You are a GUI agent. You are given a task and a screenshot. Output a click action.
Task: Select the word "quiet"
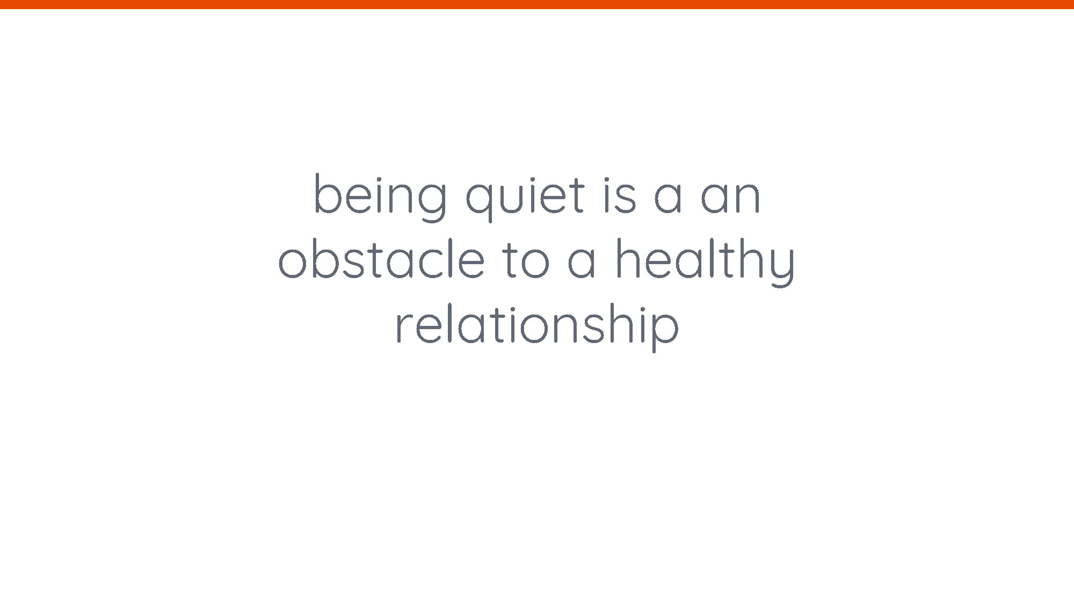tap(525, 198)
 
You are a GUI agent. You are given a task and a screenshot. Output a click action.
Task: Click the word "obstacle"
tap(382, 259)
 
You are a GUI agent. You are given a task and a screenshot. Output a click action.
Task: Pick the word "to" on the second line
tap(526, 260)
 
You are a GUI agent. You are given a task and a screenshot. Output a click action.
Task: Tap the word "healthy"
tap(705, 262)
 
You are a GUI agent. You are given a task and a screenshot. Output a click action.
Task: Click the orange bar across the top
tap(537, 4)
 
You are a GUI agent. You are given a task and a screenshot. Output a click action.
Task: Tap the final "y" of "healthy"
tap(780, 267)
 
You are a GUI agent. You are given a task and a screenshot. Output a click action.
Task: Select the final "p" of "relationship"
tap(665, 332)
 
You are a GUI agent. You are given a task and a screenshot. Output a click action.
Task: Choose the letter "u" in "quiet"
tap(515, 198)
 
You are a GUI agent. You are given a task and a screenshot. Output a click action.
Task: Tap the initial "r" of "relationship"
tap(404, 327)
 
